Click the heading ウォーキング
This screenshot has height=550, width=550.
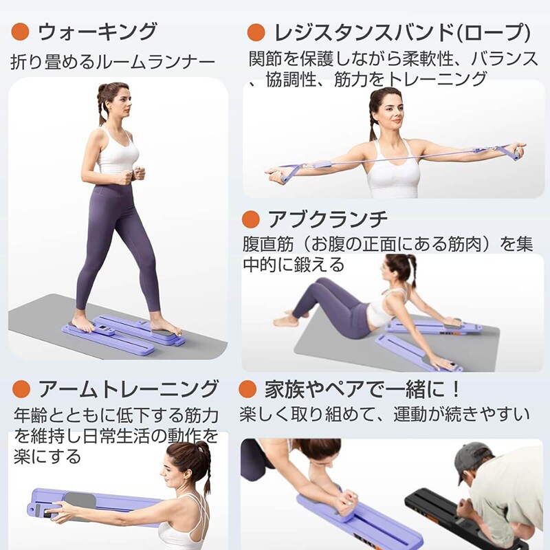click(x=97, y=32)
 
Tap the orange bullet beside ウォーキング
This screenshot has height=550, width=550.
click(x=20, y=32)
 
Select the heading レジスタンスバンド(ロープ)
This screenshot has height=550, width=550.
click(x=402, y=32)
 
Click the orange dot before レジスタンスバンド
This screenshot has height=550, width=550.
click(x=256, y=32)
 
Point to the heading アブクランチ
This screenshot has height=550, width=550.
click(x=328, y=219)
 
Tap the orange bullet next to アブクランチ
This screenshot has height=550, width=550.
click(x=250, y=219)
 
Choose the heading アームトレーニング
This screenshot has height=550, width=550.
click(x=129, y=389)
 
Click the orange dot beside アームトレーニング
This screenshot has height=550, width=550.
click(x=21, y=389)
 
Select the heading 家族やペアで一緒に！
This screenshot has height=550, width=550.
click(x=362, y=389)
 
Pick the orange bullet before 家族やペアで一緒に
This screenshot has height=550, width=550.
click(x=247, y=389)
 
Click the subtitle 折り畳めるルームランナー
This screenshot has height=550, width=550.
click(x=113, y=62)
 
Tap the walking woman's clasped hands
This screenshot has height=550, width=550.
click(x=135, y=175)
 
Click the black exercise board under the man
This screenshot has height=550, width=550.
click(x=459, y=519)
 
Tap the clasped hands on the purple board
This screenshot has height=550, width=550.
click(x=346, y=502)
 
